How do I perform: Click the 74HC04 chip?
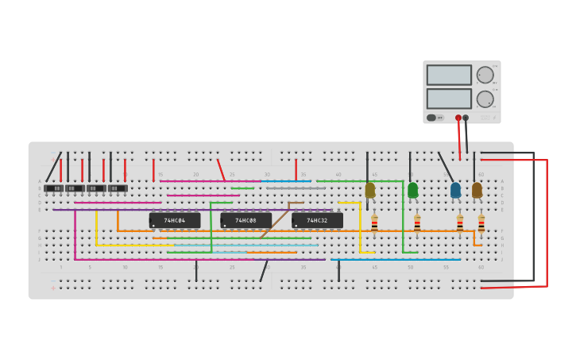175,220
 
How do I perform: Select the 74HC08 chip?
245,220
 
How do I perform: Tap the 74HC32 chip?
317,220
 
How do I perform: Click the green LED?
412,190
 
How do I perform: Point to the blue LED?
455,190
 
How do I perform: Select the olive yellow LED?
370,190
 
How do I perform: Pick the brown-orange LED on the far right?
477,190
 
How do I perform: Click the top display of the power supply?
448,75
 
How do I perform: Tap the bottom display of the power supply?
448,99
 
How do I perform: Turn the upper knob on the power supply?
485,75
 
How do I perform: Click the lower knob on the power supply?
485,99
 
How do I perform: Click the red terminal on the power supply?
458,118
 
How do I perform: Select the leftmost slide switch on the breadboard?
54,188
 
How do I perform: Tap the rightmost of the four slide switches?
117,188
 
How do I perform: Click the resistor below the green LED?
417,224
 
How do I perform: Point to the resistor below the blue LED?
459,224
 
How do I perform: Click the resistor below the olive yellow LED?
374,224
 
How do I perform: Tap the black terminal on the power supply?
466,118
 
